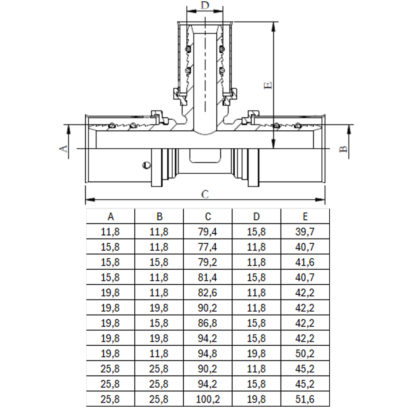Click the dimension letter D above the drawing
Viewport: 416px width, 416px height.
point(205,6)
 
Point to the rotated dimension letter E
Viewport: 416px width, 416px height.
point(268,85)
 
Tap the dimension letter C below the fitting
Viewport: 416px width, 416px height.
point(205,194)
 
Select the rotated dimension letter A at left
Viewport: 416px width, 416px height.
point(63,149)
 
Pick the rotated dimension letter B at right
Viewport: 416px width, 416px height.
point(344,149)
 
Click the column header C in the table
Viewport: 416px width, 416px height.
point(208,217)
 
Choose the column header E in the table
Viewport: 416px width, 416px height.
point(305,217)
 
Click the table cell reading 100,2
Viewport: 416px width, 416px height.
point(208,399)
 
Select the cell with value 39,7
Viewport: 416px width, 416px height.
point(305,232)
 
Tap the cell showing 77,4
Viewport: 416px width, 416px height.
point(207,247)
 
